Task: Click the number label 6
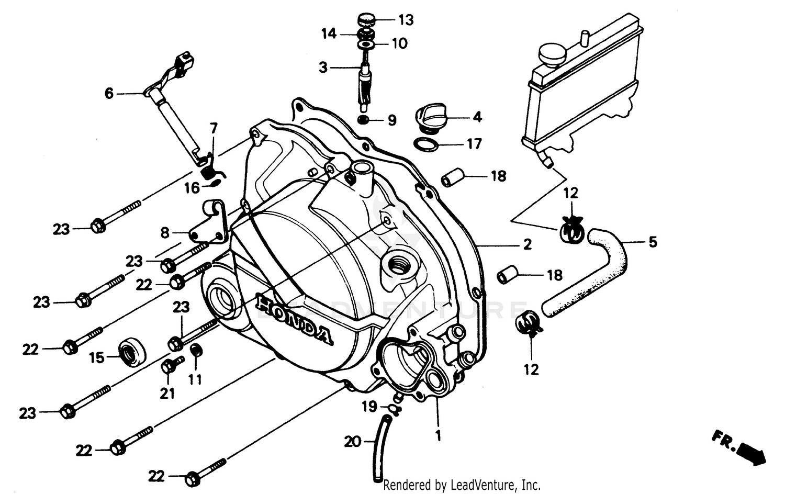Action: pos(109,93)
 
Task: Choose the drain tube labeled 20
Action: pos(381,447)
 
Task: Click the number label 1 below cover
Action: pos(438,435)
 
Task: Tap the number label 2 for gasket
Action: pos(527,244)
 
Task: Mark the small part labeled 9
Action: pos(364,120)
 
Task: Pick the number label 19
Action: pos(369,406)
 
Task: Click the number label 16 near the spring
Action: pos(192,188)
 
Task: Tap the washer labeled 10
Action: pos(366,44)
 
